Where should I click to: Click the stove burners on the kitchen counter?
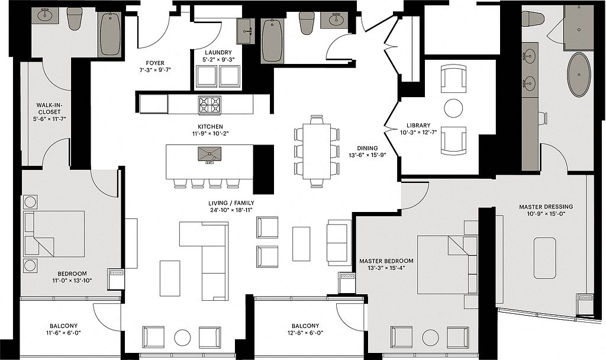tap(209, 105)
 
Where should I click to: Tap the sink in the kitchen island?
tap(209, 154)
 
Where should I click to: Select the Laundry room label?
tap(218, 53)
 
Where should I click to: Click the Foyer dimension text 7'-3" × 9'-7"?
tap(155, 70)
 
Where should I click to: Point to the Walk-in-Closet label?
tap(50, 108)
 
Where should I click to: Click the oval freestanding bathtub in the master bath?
tap(579, 75)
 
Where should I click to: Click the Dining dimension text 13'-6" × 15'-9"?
tap(367, 155)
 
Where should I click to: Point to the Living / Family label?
tap(231, 203)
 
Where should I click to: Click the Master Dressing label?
tap(546, 207)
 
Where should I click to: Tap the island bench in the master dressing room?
tap(545, 258)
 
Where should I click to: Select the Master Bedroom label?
tap(386, 261)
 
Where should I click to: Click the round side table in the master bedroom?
tap(430, 337)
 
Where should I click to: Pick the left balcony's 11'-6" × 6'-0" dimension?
tap(63, 333)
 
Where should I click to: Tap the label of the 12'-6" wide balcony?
tap(305, 326)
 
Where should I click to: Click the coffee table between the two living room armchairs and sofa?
tap(301, 243)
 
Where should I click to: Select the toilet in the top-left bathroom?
tap(74, 18)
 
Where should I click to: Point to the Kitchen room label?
tap(210, 127)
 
